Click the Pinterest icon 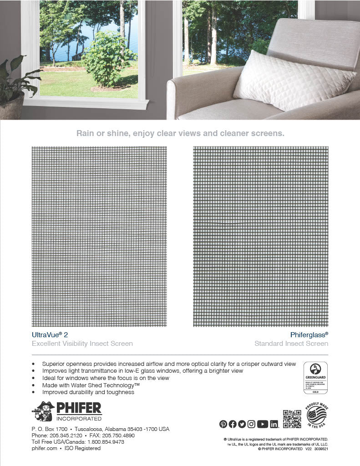[x=223, y=424]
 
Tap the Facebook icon [x=233, y=424]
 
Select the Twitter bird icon [x=242, y=424]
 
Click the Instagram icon [x=251, y=424]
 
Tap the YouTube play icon [x=262, y=424]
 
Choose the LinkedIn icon [x=274, y=424]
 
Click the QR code [x=292, y=419]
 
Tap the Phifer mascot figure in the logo [x=43, y=411]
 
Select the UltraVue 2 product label [x=50, y=334]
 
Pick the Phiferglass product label [x=309, y=334]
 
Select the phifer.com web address [x=44, y=448]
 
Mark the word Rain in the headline [x=85, y=133]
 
